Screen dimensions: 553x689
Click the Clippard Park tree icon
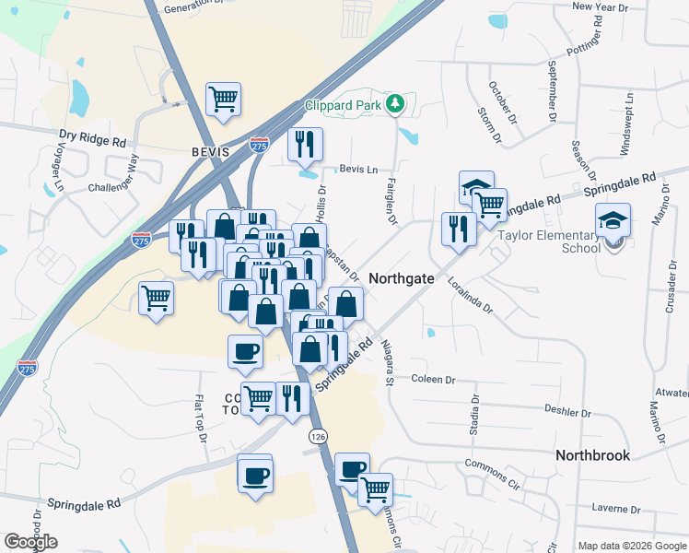396,104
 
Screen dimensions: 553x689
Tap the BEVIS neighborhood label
210,151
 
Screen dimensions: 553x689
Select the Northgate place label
402,277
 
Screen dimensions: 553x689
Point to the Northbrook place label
592,455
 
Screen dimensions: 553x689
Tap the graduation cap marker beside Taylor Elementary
612,221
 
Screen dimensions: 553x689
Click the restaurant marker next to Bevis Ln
305,145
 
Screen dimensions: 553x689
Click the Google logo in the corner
30,542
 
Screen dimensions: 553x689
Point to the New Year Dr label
600,6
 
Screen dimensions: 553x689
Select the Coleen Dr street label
433,380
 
